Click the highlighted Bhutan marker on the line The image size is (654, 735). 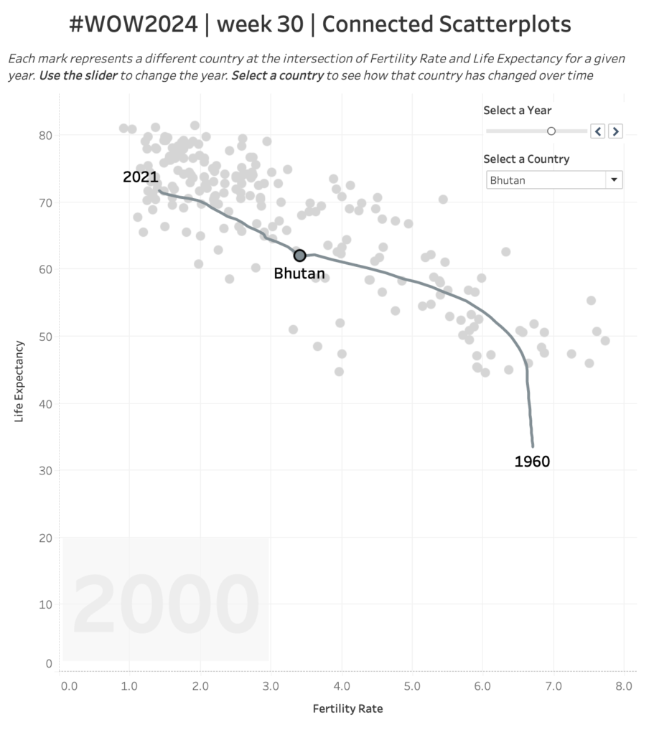tap(299, 256)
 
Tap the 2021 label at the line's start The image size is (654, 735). tap(140, 177)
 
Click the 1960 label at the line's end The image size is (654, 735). tap(532, 462)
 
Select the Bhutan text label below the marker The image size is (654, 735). tap(299, 273)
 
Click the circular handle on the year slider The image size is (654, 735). tap(551, 131)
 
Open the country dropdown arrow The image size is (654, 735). tap(614, 180)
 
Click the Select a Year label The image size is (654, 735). tap(518, 111)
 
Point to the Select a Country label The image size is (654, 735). tap(526, 159)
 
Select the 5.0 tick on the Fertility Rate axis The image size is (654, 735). tap(411, 686)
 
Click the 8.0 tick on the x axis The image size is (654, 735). tap(623, 686)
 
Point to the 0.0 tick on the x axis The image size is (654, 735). tap(69, 686)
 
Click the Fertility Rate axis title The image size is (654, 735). tap(347, 709)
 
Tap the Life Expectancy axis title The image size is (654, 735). tap(19, 381)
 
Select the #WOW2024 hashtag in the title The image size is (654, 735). tap(133, 25)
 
